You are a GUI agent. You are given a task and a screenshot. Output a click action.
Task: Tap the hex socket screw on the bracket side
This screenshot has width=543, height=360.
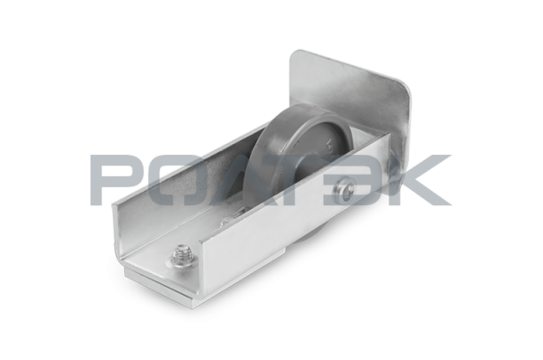[x=345, y=188]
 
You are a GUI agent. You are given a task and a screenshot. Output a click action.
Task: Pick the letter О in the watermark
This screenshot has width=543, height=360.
[x=176, y=180]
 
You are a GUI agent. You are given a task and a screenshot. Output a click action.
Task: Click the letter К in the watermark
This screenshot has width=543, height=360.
[x=419, y=180]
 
